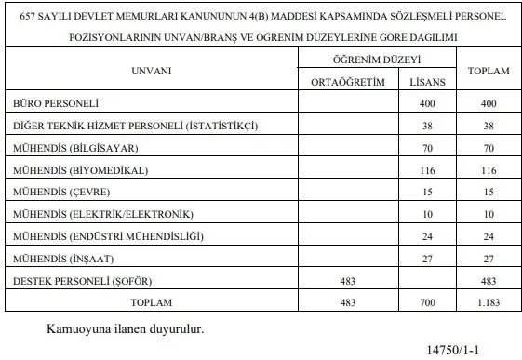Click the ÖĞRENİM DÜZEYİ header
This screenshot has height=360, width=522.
click(380, 59)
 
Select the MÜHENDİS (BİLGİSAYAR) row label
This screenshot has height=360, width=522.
click(68, 147)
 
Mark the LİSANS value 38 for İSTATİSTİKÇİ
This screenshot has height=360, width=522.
click(427, 125)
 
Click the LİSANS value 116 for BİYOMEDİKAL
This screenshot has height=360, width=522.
click(427, 169)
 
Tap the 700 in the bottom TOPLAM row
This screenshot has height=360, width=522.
click(427, 302)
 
